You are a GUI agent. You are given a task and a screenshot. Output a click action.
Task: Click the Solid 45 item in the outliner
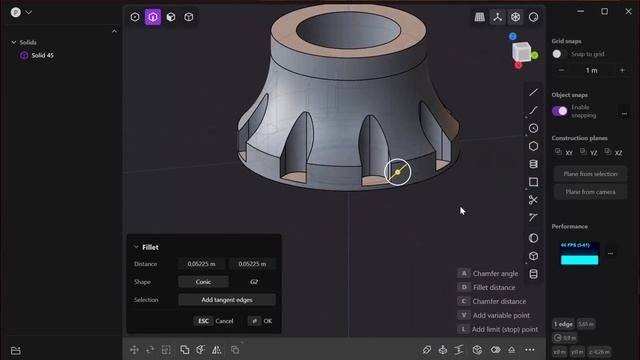[42, 55]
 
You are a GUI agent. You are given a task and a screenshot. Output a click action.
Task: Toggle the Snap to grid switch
[559, 53]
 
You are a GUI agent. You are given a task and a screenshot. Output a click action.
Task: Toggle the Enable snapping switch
[560, 110]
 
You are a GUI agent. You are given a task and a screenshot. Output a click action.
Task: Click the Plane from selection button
[589, 174]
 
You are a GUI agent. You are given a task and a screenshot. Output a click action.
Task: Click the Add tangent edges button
[226, 300]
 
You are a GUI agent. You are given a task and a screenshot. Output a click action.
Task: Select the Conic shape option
[203, 282]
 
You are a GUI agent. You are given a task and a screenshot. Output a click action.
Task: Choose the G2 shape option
[253, 282]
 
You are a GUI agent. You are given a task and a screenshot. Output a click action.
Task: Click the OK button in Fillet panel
[261, 321]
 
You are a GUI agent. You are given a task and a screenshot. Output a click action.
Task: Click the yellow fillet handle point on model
[397, 172]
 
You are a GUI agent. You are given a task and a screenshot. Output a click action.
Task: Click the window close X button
[626, 11]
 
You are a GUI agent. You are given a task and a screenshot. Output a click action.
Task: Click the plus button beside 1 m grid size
[621, 70]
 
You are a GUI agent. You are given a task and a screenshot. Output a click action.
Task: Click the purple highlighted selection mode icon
[153, 17]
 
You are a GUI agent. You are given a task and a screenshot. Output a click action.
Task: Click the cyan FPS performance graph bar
[579, 260]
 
